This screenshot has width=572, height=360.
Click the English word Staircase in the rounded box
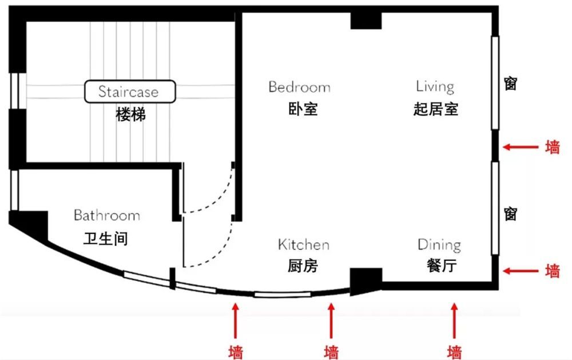(128, 92)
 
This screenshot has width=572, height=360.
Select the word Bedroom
(299, 87)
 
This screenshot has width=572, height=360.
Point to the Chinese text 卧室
(303, 109)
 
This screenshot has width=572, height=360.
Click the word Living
(435, 86)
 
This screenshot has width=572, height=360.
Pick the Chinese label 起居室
(435, 109)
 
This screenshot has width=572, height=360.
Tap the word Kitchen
(303, 245)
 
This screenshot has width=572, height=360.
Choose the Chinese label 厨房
(303, 266)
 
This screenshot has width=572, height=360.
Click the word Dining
(439, 245)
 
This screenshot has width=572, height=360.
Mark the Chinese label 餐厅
(441, 266)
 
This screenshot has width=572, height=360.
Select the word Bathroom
(106, 216)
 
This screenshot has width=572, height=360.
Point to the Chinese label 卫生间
(105, 238)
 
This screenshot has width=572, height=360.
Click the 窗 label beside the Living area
(511, 84)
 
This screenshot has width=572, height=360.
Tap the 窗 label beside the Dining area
(511, 213)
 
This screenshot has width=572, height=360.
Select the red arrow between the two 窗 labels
(521, 147)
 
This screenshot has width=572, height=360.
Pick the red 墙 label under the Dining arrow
(455, 351)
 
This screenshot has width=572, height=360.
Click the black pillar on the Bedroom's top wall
(366, 20)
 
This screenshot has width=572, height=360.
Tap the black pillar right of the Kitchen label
(365, 280)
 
